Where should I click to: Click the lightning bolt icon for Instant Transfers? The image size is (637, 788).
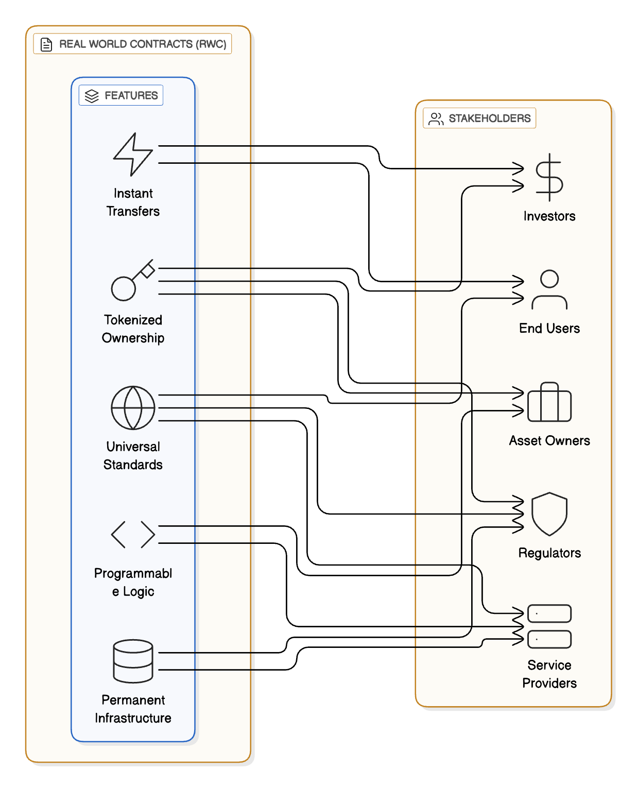pos(133,154)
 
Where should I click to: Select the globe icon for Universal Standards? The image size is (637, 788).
pos(133,407)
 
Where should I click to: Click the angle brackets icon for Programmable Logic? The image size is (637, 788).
pos(133,534)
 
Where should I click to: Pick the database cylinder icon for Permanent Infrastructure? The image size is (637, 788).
pos(133,661)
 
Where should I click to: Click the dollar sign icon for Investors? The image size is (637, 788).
pos(549,177)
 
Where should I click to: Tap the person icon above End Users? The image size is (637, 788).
pos(549,289)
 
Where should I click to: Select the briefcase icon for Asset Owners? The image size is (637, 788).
pos(549,402)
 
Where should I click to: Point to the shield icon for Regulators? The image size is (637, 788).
pos(549,514)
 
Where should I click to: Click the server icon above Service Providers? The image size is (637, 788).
pos(549,626)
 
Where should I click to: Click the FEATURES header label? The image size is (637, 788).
pos(131,95)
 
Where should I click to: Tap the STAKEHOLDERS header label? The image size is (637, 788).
pos(489,118)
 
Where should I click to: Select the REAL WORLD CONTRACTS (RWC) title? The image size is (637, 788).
pos(143,44)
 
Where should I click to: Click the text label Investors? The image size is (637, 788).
pos(549,216)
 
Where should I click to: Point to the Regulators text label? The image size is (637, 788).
pos(549,553)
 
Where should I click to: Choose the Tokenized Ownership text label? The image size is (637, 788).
pos(133,329)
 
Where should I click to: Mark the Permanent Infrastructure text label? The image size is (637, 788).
pos(133,709)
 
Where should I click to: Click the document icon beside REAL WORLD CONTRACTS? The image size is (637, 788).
pos(46,44)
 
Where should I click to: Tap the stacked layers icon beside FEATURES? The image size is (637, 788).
pos(92,96)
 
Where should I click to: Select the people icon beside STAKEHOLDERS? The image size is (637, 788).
pos(436,118)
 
